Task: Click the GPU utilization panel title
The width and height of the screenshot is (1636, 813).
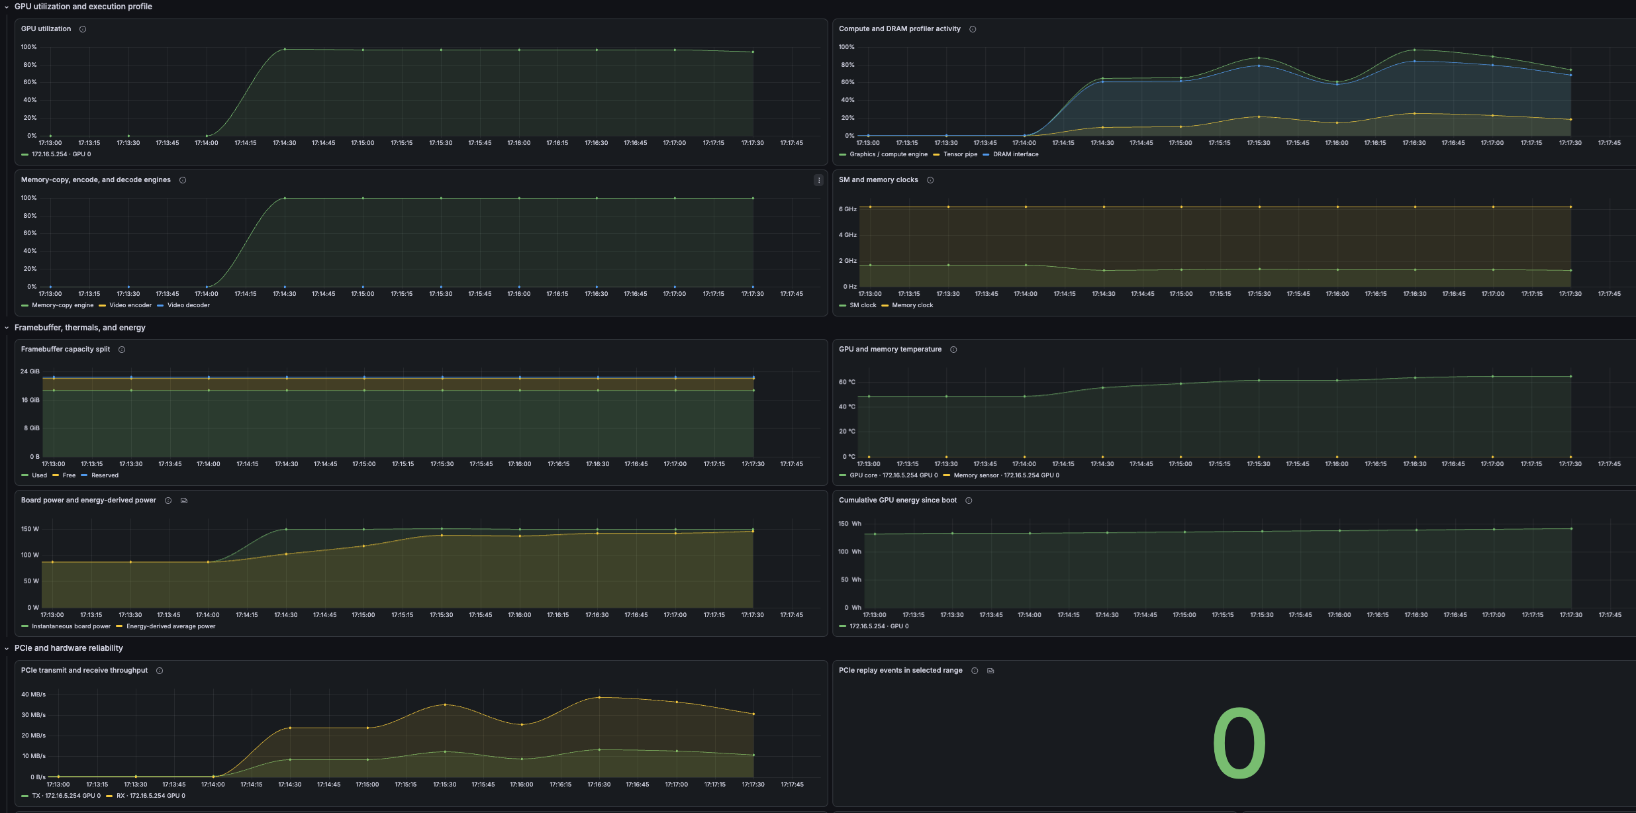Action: [x=46, y=29]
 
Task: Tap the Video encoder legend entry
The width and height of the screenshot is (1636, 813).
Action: [x=125, y=305]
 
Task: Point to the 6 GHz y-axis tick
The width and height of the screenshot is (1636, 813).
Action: [x=847, y=209]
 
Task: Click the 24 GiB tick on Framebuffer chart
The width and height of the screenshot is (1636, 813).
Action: [x=30, y=371]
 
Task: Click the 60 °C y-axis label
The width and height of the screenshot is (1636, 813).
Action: [x=847, y=382]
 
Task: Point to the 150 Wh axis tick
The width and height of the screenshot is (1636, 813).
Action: [x=849, y=524]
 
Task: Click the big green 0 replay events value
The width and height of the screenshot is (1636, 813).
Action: [x=1239, y=743]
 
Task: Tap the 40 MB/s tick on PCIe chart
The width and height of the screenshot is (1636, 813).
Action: [x=33, y=694]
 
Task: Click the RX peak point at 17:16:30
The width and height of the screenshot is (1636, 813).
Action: [x=599, y=697]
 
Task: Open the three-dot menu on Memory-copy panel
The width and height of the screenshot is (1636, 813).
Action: [x=819, y=180]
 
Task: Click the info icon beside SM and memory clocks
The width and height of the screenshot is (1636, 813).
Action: [x=930, y=180]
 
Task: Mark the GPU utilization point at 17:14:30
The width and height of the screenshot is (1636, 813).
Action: [x=285, y=49]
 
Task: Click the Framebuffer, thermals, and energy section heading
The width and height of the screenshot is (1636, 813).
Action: [x=80, y=328]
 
